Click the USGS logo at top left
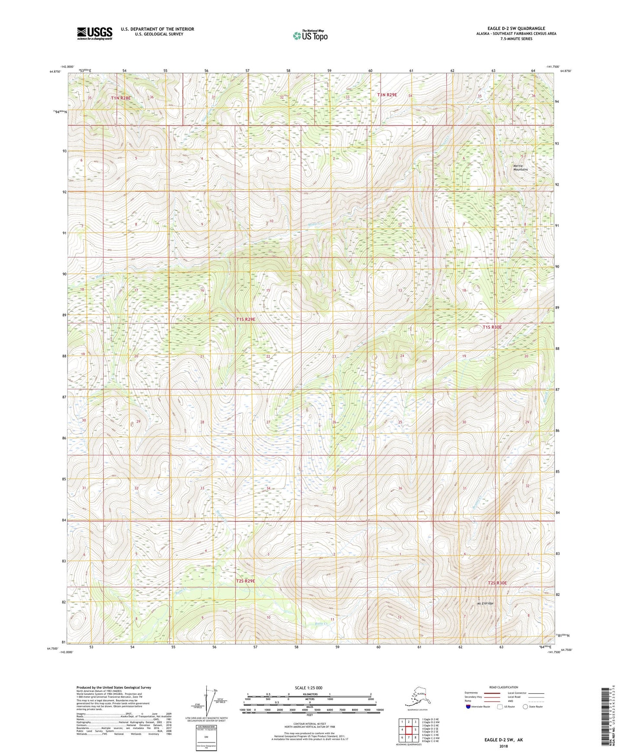[x=94, y=33]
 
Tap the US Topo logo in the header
[x=310, y=35]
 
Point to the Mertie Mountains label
[x=520, y=167]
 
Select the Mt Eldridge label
[x=485, y=603]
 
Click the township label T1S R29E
[x=245, y=319]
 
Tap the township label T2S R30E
[x=497, y=583]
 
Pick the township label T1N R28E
[x=121, y=98]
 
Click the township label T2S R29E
[x=245, y=581]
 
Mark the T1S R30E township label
[x=492, y=327]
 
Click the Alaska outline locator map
[x=417, y=698]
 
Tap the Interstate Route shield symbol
[x=468, y=707]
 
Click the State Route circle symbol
[x=525, y=707]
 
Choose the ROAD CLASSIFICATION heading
[x=503, y=687]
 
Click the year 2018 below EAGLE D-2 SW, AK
[x=503, y=746]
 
